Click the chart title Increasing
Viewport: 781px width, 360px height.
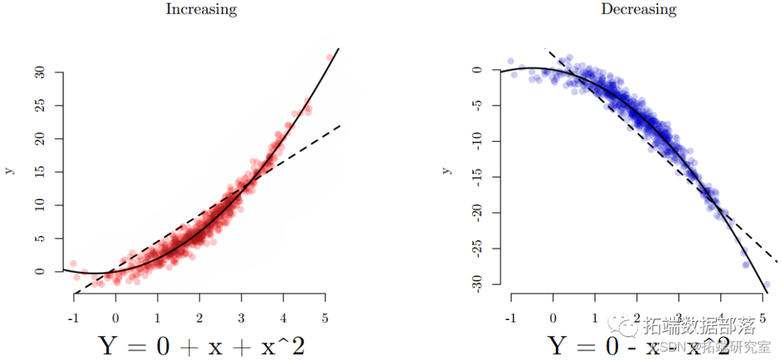click(201, 9)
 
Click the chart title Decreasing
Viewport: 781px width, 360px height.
click(639, 9)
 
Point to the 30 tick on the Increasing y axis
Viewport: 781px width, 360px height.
click(40, 72)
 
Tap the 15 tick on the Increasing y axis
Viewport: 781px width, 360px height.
click(40, 172)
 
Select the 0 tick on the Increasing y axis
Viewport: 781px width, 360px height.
click(40, 271)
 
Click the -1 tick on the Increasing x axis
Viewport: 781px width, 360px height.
click(73, 317)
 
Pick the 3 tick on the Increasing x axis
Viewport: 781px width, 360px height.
click(242, 317)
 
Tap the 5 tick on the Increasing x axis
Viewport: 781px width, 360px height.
click(325, 317)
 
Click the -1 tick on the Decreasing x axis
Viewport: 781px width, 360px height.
click(511, 317)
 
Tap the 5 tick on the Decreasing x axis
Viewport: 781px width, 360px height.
click(763, 317)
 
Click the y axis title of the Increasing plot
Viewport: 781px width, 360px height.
click(9, 171)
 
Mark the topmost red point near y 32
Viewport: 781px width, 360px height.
click(330, 58)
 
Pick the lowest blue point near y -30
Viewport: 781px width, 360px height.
click(767, 285)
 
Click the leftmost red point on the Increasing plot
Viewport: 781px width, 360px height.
click(73, 264)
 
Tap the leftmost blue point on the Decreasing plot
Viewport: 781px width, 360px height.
click(511, 61)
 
